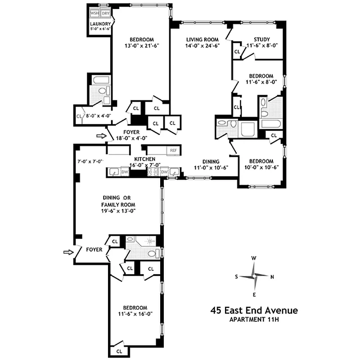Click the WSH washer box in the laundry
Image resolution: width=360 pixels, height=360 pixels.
tap(95, 13)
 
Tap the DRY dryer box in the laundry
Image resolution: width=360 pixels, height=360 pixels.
tap(105, 13)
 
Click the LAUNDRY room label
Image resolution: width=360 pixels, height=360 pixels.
tap(100, 24)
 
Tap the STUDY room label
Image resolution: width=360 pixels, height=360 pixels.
tap(261, 39)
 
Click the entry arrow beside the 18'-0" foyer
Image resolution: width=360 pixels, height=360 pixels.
tap(101, 135)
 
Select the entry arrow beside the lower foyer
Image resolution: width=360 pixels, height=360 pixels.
tap(68, 253)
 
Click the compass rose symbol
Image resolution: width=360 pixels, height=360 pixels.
tap(254, 276)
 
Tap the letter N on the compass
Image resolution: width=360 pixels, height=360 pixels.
tap(272, 277)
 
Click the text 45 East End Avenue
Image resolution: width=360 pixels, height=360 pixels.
tap(254, 310)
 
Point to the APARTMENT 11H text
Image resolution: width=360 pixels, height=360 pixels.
tap(254, 320)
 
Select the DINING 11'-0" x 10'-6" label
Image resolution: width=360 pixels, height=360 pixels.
tap(211, 165)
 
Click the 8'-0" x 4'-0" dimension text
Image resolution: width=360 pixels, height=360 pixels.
tap(99, 116)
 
